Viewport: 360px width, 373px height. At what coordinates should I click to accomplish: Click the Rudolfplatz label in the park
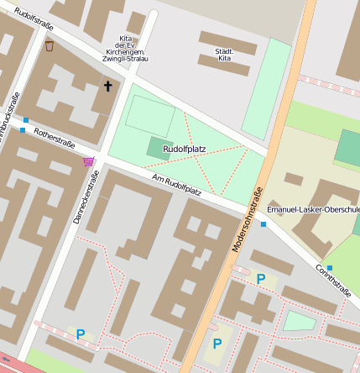[184, 149]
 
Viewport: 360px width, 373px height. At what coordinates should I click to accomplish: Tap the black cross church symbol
[107, 86]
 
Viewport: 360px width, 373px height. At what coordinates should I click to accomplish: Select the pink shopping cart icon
[88, 160]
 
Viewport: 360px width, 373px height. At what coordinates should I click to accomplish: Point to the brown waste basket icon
[50, 45]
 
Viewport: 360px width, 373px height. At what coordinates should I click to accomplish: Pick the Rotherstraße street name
[54, 136]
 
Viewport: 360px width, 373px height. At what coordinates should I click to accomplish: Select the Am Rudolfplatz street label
[176, 183]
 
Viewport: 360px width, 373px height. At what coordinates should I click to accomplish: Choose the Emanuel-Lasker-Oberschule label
[312, 208]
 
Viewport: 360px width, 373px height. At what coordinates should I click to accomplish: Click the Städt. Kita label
[224, 55]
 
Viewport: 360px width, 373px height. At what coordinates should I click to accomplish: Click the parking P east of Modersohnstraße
[261, 279]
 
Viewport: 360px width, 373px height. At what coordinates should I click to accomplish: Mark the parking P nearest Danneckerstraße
[81, 334]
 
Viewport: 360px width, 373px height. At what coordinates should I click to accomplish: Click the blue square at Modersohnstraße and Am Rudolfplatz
[263, 224]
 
